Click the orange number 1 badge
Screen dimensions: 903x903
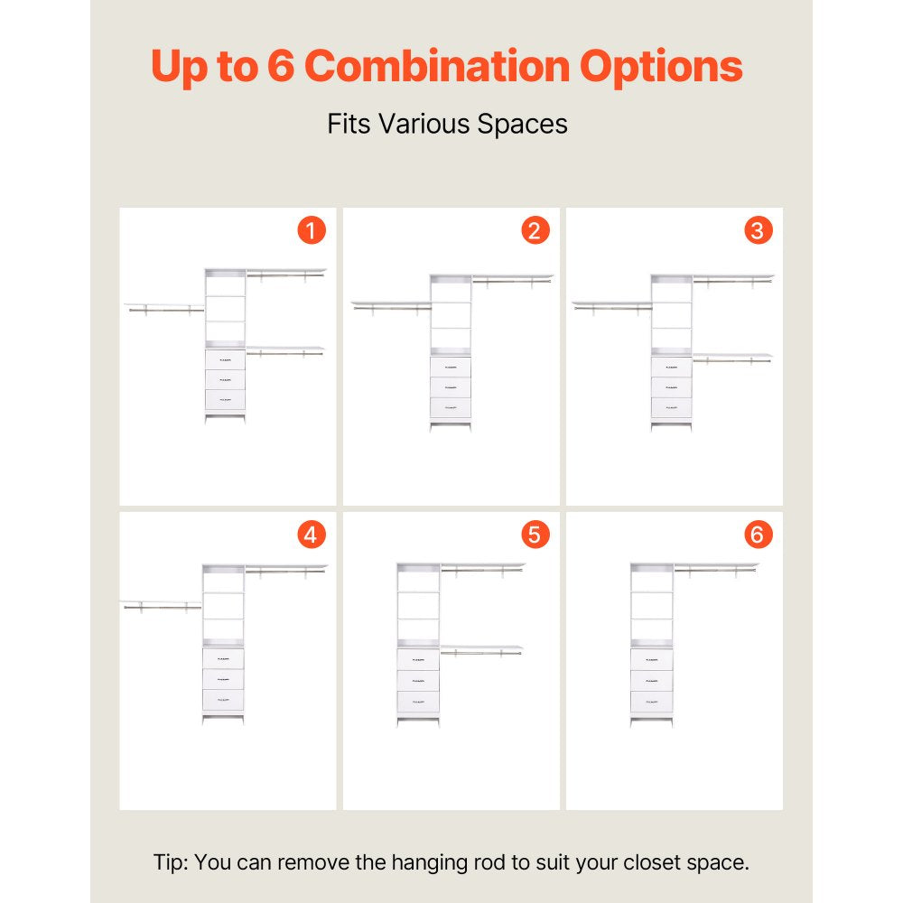pos(312,230)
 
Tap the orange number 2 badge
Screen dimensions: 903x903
pos(535,230)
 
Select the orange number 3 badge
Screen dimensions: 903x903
pos(759,230)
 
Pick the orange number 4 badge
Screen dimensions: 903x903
pos(312,535)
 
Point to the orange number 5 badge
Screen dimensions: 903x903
pos(535,535)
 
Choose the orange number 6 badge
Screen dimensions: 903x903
pos(759,535)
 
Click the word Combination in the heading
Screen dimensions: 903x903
pos(436,66)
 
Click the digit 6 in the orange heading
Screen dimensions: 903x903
pos(281,66)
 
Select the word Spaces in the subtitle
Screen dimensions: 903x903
pos(522,125)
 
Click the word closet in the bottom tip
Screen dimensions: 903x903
pos(649,862)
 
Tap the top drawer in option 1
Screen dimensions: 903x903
pos(225,360)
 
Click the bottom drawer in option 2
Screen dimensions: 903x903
pos(451,407)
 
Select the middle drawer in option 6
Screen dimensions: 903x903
pos(651,681)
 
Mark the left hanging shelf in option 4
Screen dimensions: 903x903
pos(162,605)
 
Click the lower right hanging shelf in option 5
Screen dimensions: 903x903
pos(481,650)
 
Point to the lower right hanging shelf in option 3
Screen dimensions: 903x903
pos(732,358)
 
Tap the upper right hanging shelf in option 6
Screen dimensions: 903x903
pos(716,568)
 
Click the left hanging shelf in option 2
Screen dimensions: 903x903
pos(392,306)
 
